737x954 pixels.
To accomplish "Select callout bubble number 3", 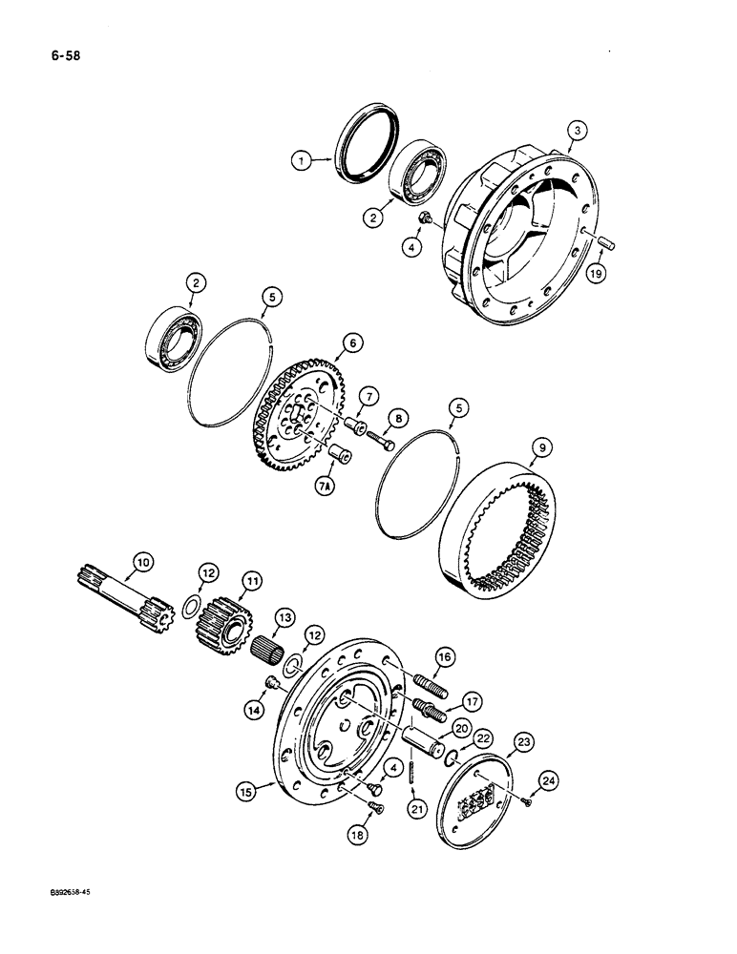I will click(574, 132).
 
